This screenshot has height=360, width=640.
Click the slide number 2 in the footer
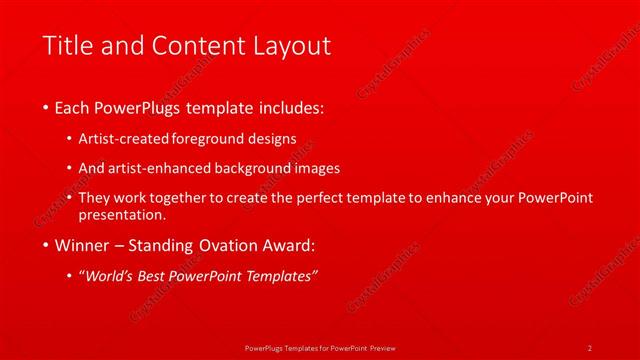589,347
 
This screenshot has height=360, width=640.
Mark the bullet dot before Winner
47,245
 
